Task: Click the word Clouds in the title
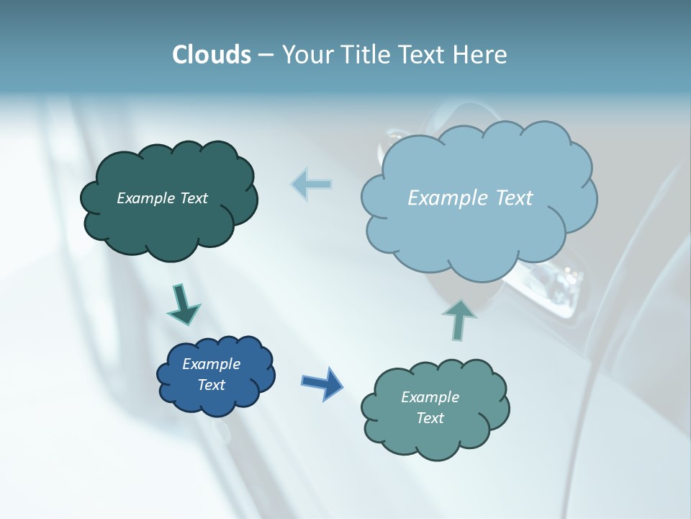tap(212, 55)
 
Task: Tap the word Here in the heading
tap(482, 55)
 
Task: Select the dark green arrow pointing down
tap(182, 304)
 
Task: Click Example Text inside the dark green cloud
tap(162, 198)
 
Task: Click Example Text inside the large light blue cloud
tap(470, 198)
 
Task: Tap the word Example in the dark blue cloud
tap(211, 364)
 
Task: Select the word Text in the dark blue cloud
tap(211, 385)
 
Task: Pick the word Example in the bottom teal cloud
tap(430, 397)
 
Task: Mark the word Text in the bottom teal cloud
tap(430, 418)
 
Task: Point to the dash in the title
tap(265, 56)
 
